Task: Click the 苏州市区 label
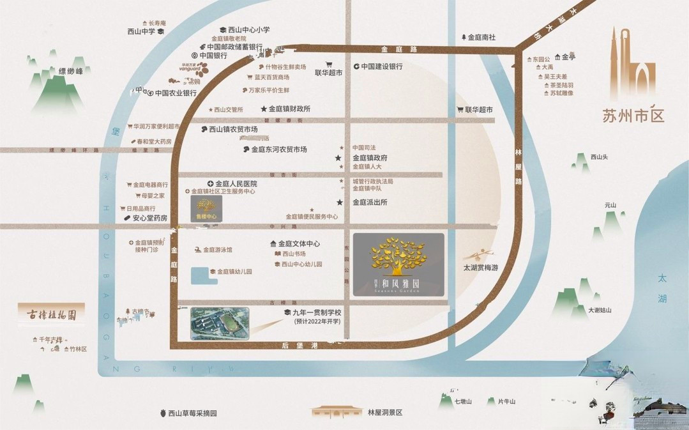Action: pos(633,116)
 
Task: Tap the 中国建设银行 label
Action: pos(381,66)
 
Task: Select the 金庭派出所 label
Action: pos(370,203)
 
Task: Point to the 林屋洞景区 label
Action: pos(385,413)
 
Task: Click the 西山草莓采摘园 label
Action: pos(192,413)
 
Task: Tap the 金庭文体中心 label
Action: pos(298,244)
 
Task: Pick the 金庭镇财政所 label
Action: pos(289,109)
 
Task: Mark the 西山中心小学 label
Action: pos(248,30)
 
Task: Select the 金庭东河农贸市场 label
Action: pos(278,150)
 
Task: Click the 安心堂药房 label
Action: pos(149,218)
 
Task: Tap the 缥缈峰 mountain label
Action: pos(71,71)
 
